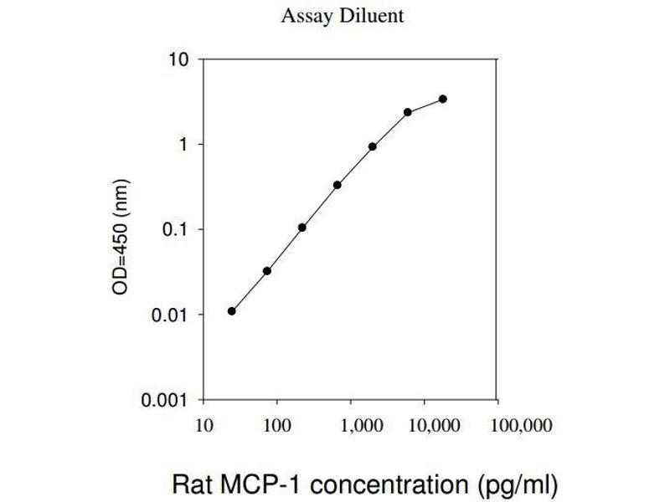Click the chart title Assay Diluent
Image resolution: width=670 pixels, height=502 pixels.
coord(343,16)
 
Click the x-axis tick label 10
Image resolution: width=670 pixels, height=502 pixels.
coord(202,426)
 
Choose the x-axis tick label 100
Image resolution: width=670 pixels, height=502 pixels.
coord(277,426)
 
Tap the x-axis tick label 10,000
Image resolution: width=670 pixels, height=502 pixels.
coord(432,426)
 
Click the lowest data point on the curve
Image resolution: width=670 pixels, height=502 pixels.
coord(231,311)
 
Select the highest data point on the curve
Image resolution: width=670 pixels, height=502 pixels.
coord(443,99)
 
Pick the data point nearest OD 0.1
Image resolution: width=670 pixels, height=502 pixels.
coord(301,228)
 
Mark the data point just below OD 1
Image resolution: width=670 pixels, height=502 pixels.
coord(373,146)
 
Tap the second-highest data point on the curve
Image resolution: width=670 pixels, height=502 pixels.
coord(408,112)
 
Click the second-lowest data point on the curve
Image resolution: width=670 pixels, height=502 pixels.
coord(267,271)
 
